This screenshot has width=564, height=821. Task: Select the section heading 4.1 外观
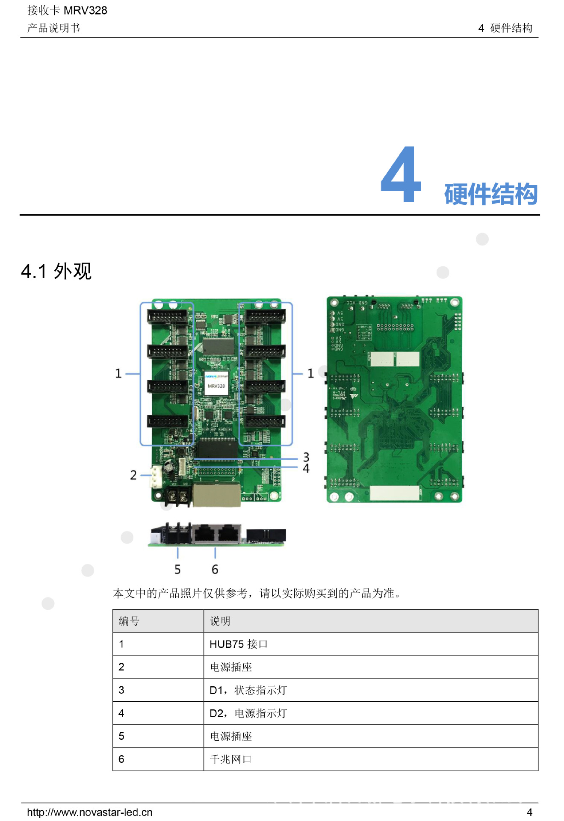coord(56,271)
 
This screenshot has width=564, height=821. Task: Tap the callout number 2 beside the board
coord(133,475)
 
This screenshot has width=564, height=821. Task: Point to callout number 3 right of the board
coord(306,457)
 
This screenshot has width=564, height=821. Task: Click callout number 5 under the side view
coord(177,569)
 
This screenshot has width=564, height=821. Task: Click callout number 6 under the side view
coord(215,569)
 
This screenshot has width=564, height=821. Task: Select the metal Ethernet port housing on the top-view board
coord(216,496)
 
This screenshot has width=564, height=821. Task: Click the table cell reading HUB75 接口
coord(238,644)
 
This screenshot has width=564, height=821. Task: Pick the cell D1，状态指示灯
coord(248,690)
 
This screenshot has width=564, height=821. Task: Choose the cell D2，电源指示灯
coord(248,713)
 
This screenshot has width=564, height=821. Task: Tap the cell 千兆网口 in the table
coord(230,759)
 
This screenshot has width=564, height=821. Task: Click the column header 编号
coord(129,621)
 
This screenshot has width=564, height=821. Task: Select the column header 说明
coord(220,621)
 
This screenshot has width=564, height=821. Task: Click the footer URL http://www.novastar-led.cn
coord(89,812)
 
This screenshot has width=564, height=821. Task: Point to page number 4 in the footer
coord(529,812)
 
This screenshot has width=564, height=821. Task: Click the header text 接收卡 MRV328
coord(67,10)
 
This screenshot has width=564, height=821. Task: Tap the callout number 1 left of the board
coord(118,373)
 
